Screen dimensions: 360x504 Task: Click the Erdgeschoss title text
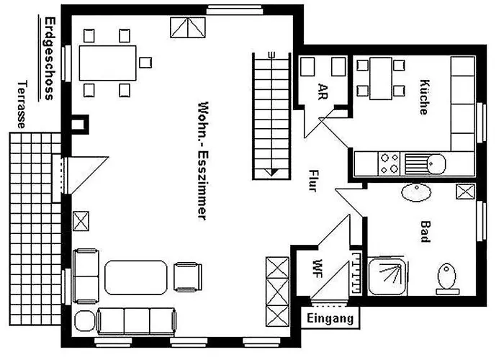pos(48,58)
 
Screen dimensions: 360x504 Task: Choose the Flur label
pos(313,181)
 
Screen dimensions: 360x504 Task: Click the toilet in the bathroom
pos(446,276)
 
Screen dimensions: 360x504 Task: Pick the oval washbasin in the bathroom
pos(415,192)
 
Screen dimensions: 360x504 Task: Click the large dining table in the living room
pos(108,63)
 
